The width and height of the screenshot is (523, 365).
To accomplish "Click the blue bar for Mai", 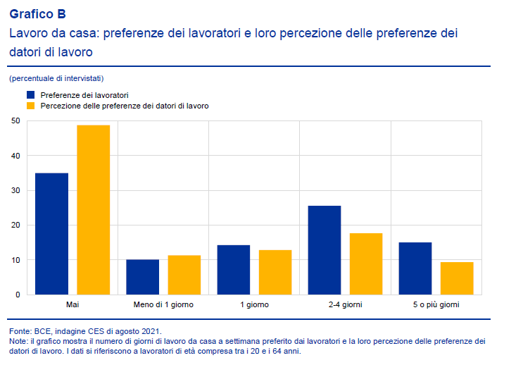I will click(51, 234).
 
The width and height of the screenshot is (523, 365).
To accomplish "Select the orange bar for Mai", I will click(93, 210).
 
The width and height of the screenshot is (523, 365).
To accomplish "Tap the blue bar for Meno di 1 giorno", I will click(142, 277).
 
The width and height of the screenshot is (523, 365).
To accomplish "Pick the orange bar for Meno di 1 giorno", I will click(184, 275).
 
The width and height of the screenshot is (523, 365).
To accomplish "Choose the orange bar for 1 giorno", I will click(275, 272).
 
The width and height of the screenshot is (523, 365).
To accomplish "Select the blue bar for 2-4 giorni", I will click(324, 250).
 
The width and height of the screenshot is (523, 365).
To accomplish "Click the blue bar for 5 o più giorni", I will click(415, 268).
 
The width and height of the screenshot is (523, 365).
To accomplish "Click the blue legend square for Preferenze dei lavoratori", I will click(30, 94).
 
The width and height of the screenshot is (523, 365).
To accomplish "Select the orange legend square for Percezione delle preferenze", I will click(30, 106).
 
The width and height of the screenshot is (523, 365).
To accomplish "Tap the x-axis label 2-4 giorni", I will click(345, 305).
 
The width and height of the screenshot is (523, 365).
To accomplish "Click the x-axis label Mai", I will click(72, 305).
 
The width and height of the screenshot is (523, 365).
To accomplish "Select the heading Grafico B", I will click(38, 13).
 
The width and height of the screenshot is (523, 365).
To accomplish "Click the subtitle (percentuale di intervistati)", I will click(56, 78).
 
